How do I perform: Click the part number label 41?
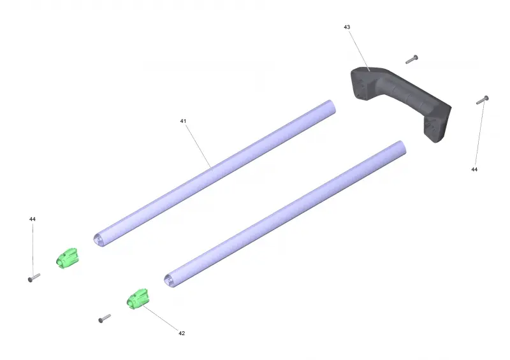tap(183, 121)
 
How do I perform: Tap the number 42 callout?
tap(182, 333)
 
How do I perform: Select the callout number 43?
tap(347, 27)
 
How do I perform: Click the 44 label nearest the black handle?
tap(474, 169)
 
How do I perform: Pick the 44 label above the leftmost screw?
tap(33, 219)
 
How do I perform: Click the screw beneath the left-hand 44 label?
tap(34, 278)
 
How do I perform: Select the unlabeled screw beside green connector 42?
tap(105, 319)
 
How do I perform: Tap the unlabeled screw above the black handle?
tap(412, 59)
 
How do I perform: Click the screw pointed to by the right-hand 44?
tap(483, 100)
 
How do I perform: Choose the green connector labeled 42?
tap(138, 299)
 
